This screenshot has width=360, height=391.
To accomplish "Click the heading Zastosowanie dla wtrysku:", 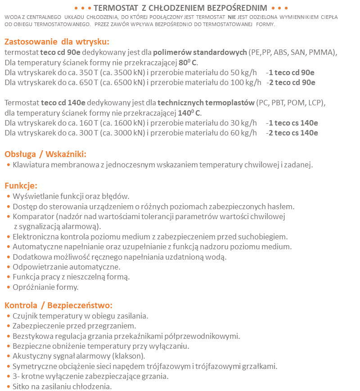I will tap(57, 42).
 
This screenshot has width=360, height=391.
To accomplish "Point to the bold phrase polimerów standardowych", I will tap(200, 52).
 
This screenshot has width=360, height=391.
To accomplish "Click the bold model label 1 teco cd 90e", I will tap(292, 72).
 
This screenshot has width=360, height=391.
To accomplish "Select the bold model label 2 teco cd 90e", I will tap(292, 82).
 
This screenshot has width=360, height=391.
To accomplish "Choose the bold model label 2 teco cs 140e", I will tap(292, 133).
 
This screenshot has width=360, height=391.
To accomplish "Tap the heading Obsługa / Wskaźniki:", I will tap(45, 154).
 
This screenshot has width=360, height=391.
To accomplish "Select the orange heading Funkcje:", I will tap(21, 185).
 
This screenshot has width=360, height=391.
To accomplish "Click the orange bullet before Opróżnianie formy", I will tap(9, 287).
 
